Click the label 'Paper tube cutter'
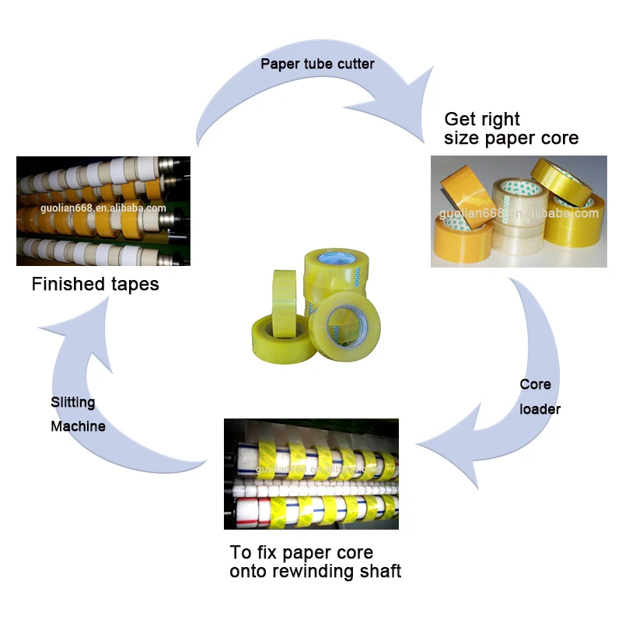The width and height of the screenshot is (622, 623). pos(317,64)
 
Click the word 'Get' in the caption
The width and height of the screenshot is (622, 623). pos(460,119)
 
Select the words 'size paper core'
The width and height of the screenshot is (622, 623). pos(511,139)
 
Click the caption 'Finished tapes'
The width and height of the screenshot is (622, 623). pos(95,284)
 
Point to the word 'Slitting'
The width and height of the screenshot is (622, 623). pos(73,402)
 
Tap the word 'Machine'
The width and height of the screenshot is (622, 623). pos(78,426)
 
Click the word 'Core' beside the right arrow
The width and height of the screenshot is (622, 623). pos(535,384)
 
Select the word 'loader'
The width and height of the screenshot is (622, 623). pos(540,408)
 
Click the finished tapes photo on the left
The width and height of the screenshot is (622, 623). pos(103,211)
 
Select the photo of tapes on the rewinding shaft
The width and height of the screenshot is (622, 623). pos(311,474)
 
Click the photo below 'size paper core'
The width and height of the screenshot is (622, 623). pos(519,211)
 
